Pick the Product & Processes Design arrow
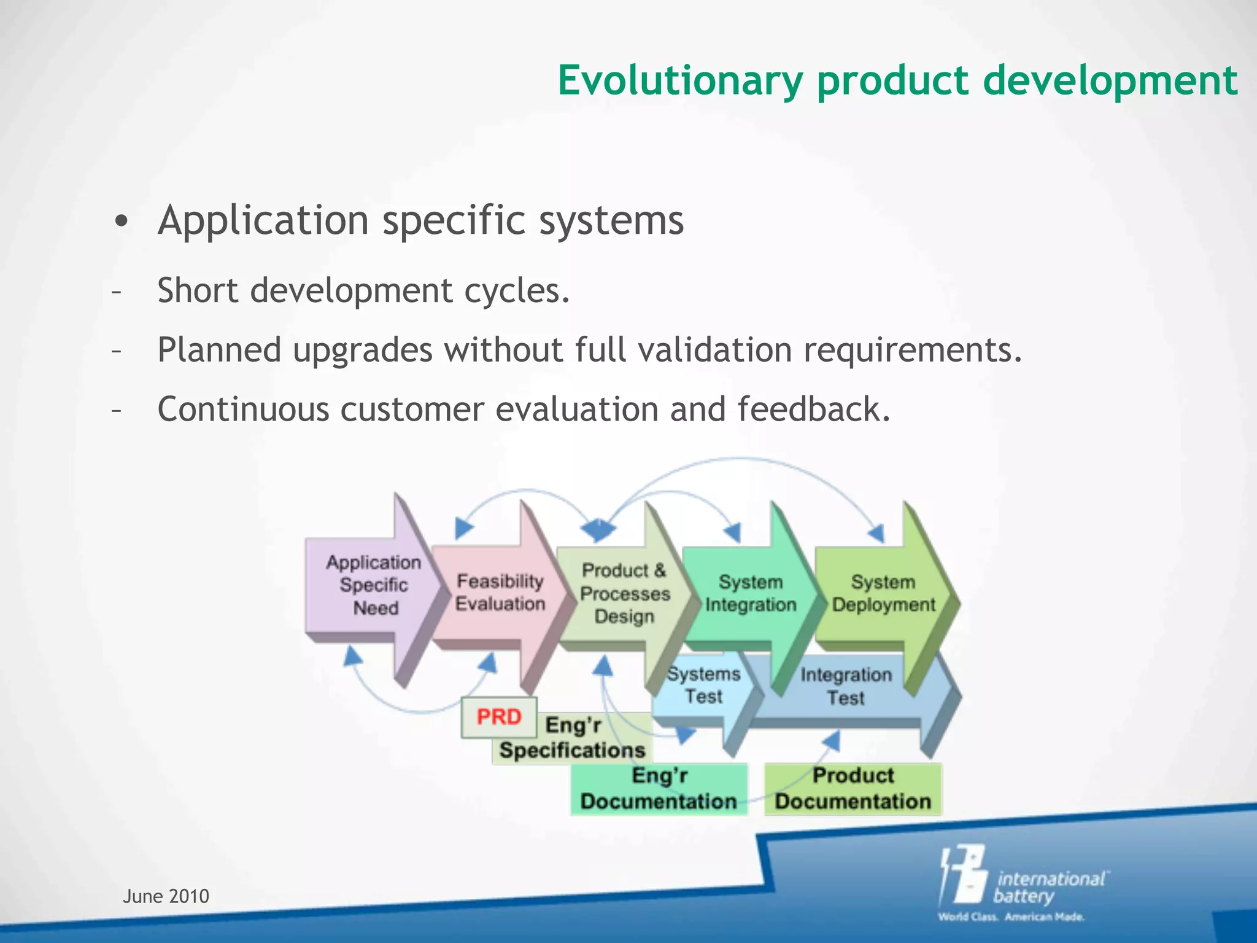tap(624, 594)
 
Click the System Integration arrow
tap(751, 594)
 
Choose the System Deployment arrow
tap(883, 594)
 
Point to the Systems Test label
tap(704, 686)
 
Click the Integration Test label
tap(846, 686)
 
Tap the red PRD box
tap(499, 717)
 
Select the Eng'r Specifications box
tap(572, 739)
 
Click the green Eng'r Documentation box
tap(659, 789)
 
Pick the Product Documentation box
tap(853, 789)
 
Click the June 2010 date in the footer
tap(166, 896)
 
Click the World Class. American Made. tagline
tap(1011, 917)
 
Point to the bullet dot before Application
tap(122, 222)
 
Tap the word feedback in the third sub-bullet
tap(813, 409)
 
